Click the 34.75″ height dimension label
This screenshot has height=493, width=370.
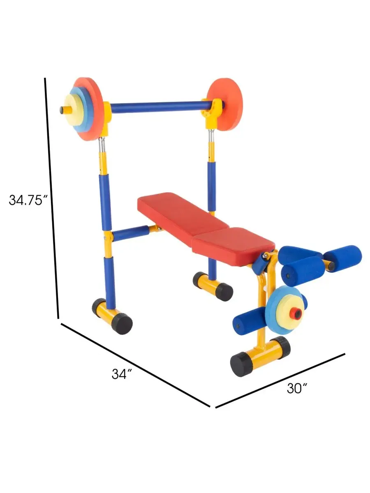(28, 200)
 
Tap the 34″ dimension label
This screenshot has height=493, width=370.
(122, 374)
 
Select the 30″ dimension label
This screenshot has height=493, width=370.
(297, 388)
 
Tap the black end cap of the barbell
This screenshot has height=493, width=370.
(62, 110)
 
